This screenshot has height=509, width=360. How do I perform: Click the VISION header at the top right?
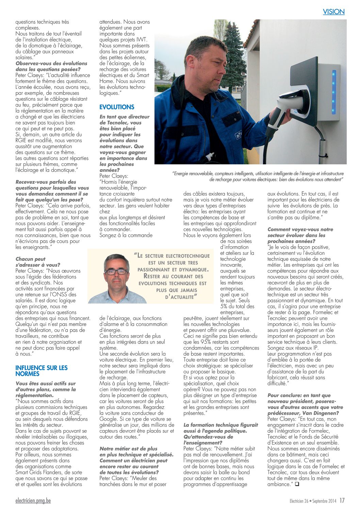point(333,12)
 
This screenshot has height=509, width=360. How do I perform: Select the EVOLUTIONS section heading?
point(117,107)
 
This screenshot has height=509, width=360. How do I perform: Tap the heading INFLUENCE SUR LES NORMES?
point(42,371)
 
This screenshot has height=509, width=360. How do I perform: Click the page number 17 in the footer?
point(342,500)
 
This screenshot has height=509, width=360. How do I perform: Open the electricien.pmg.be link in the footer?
point(33,500)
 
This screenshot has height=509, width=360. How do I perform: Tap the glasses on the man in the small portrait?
point(116,272)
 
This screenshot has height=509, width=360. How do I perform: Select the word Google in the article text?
point(108,419)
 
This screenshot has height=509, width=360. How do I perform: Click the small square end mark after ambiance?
point(297,484)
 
